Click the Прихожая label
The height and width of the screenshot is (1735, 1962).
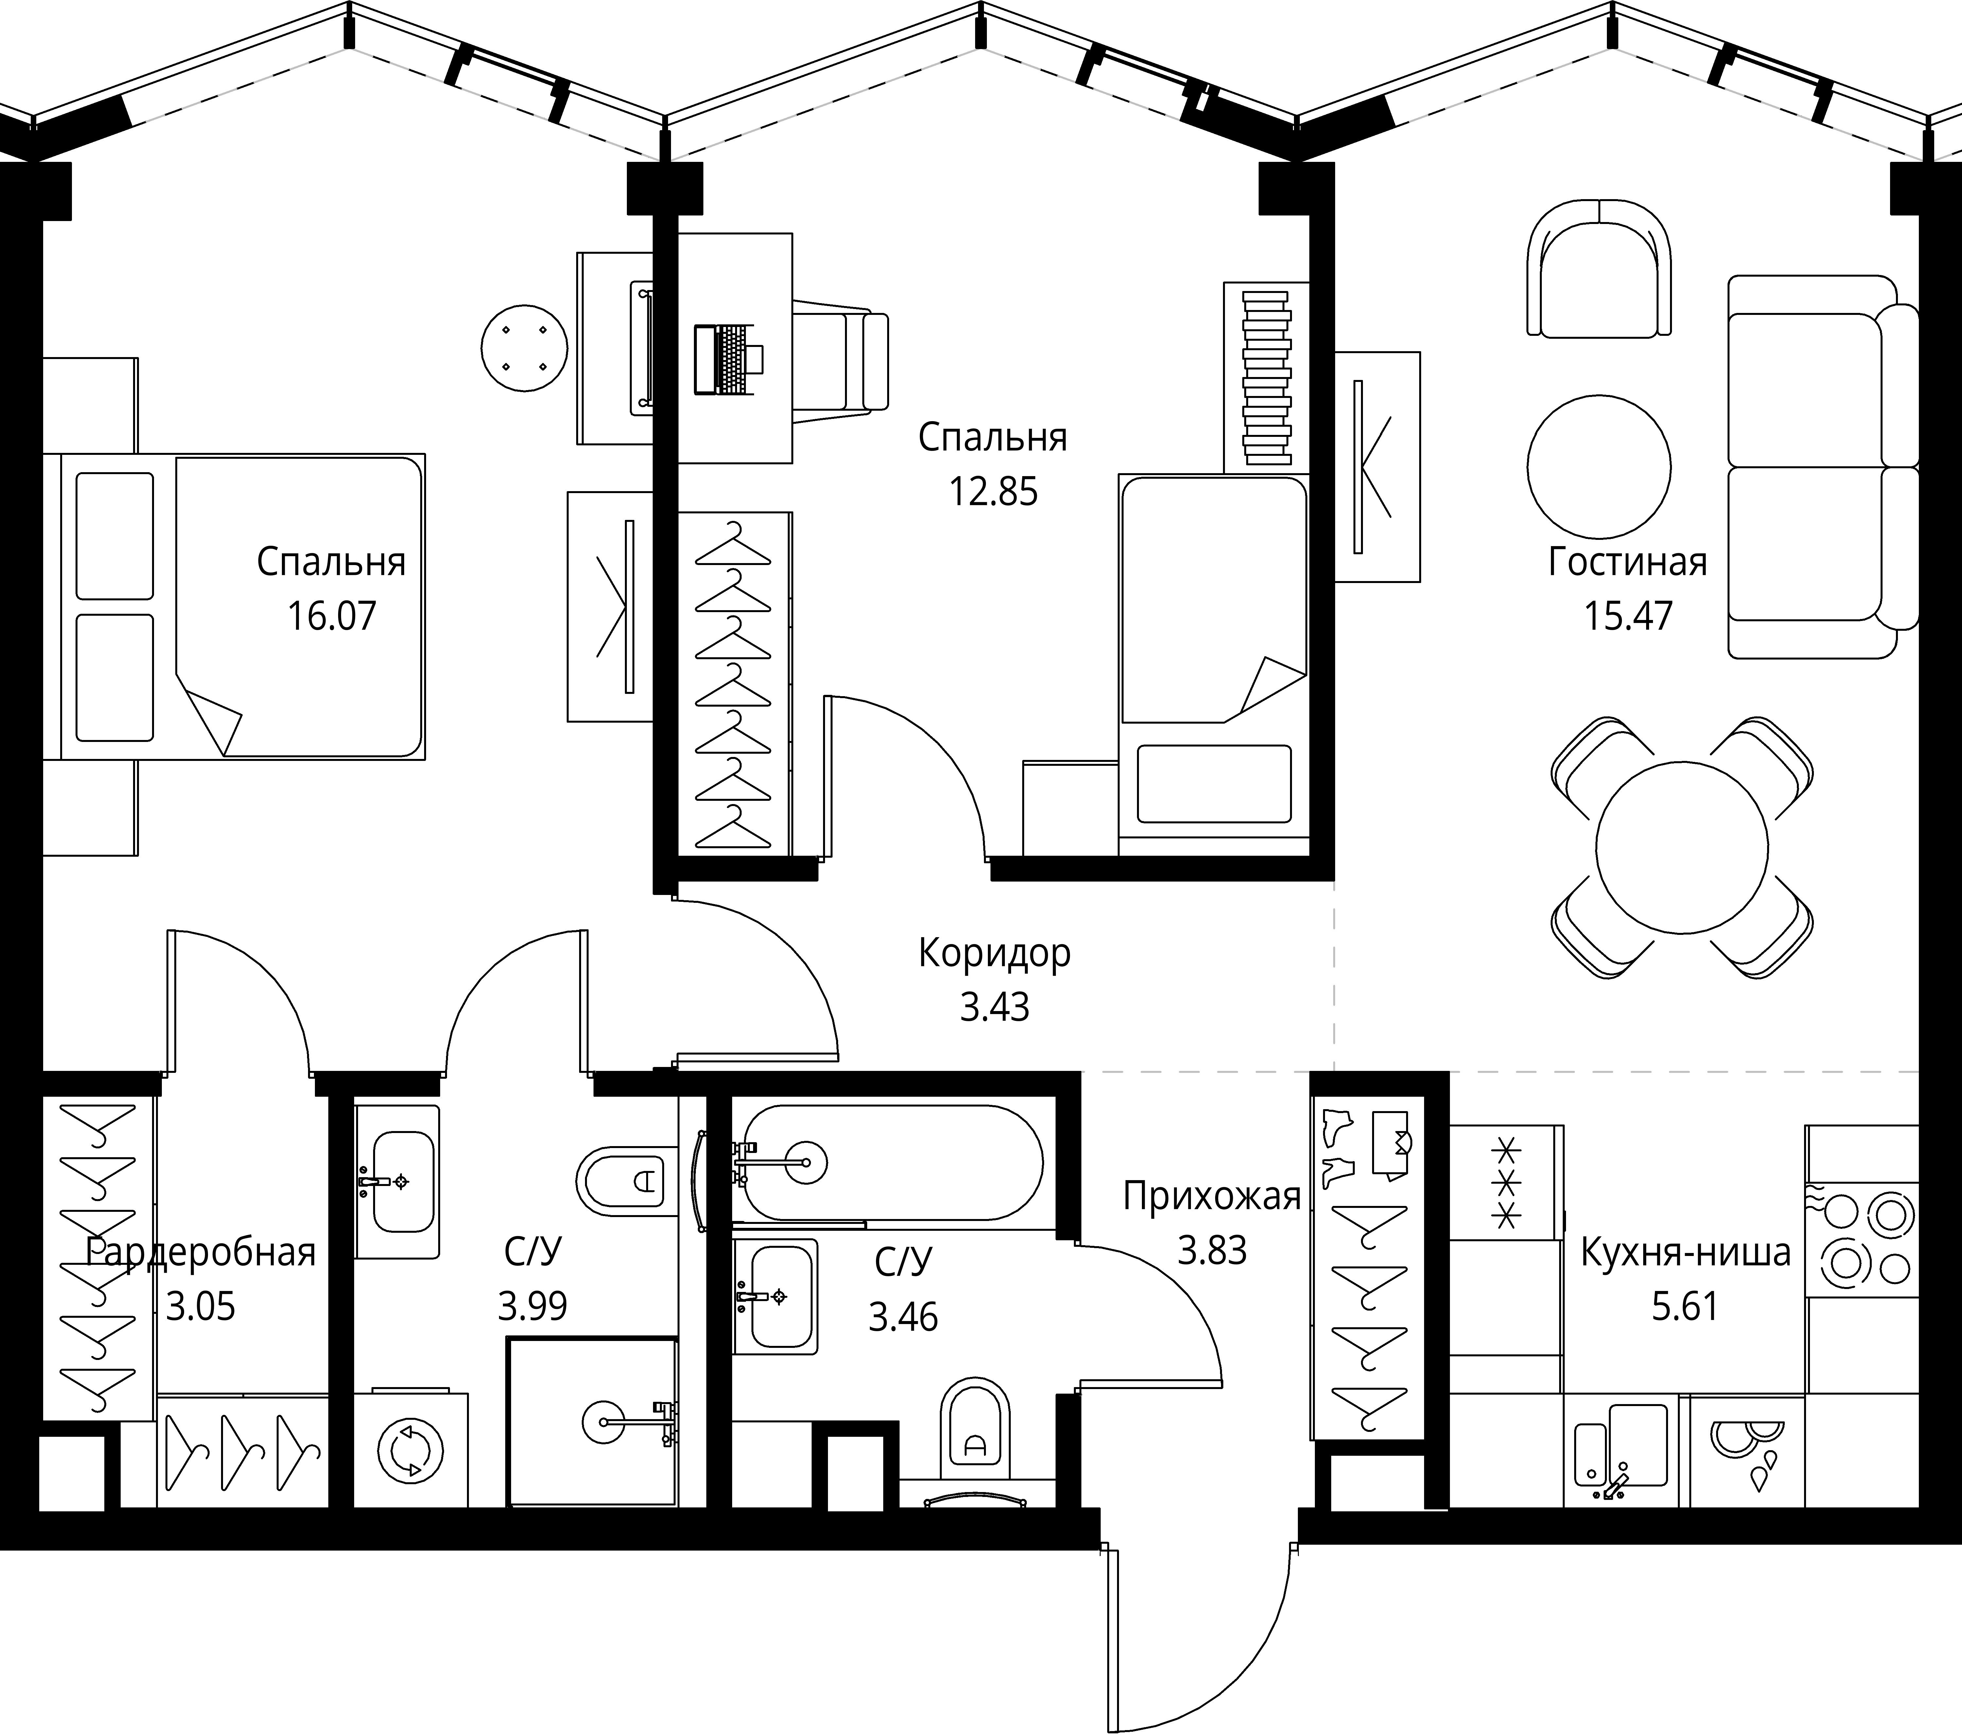pyautogui.click(x=1212, y=1196)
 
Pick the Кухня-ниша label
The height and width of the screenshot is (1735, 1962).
pyautogui.click(x=1686, y=1252)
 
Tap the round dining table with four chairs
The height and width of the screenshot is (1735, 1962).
pyautogui.click(x=1682, y=848)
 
